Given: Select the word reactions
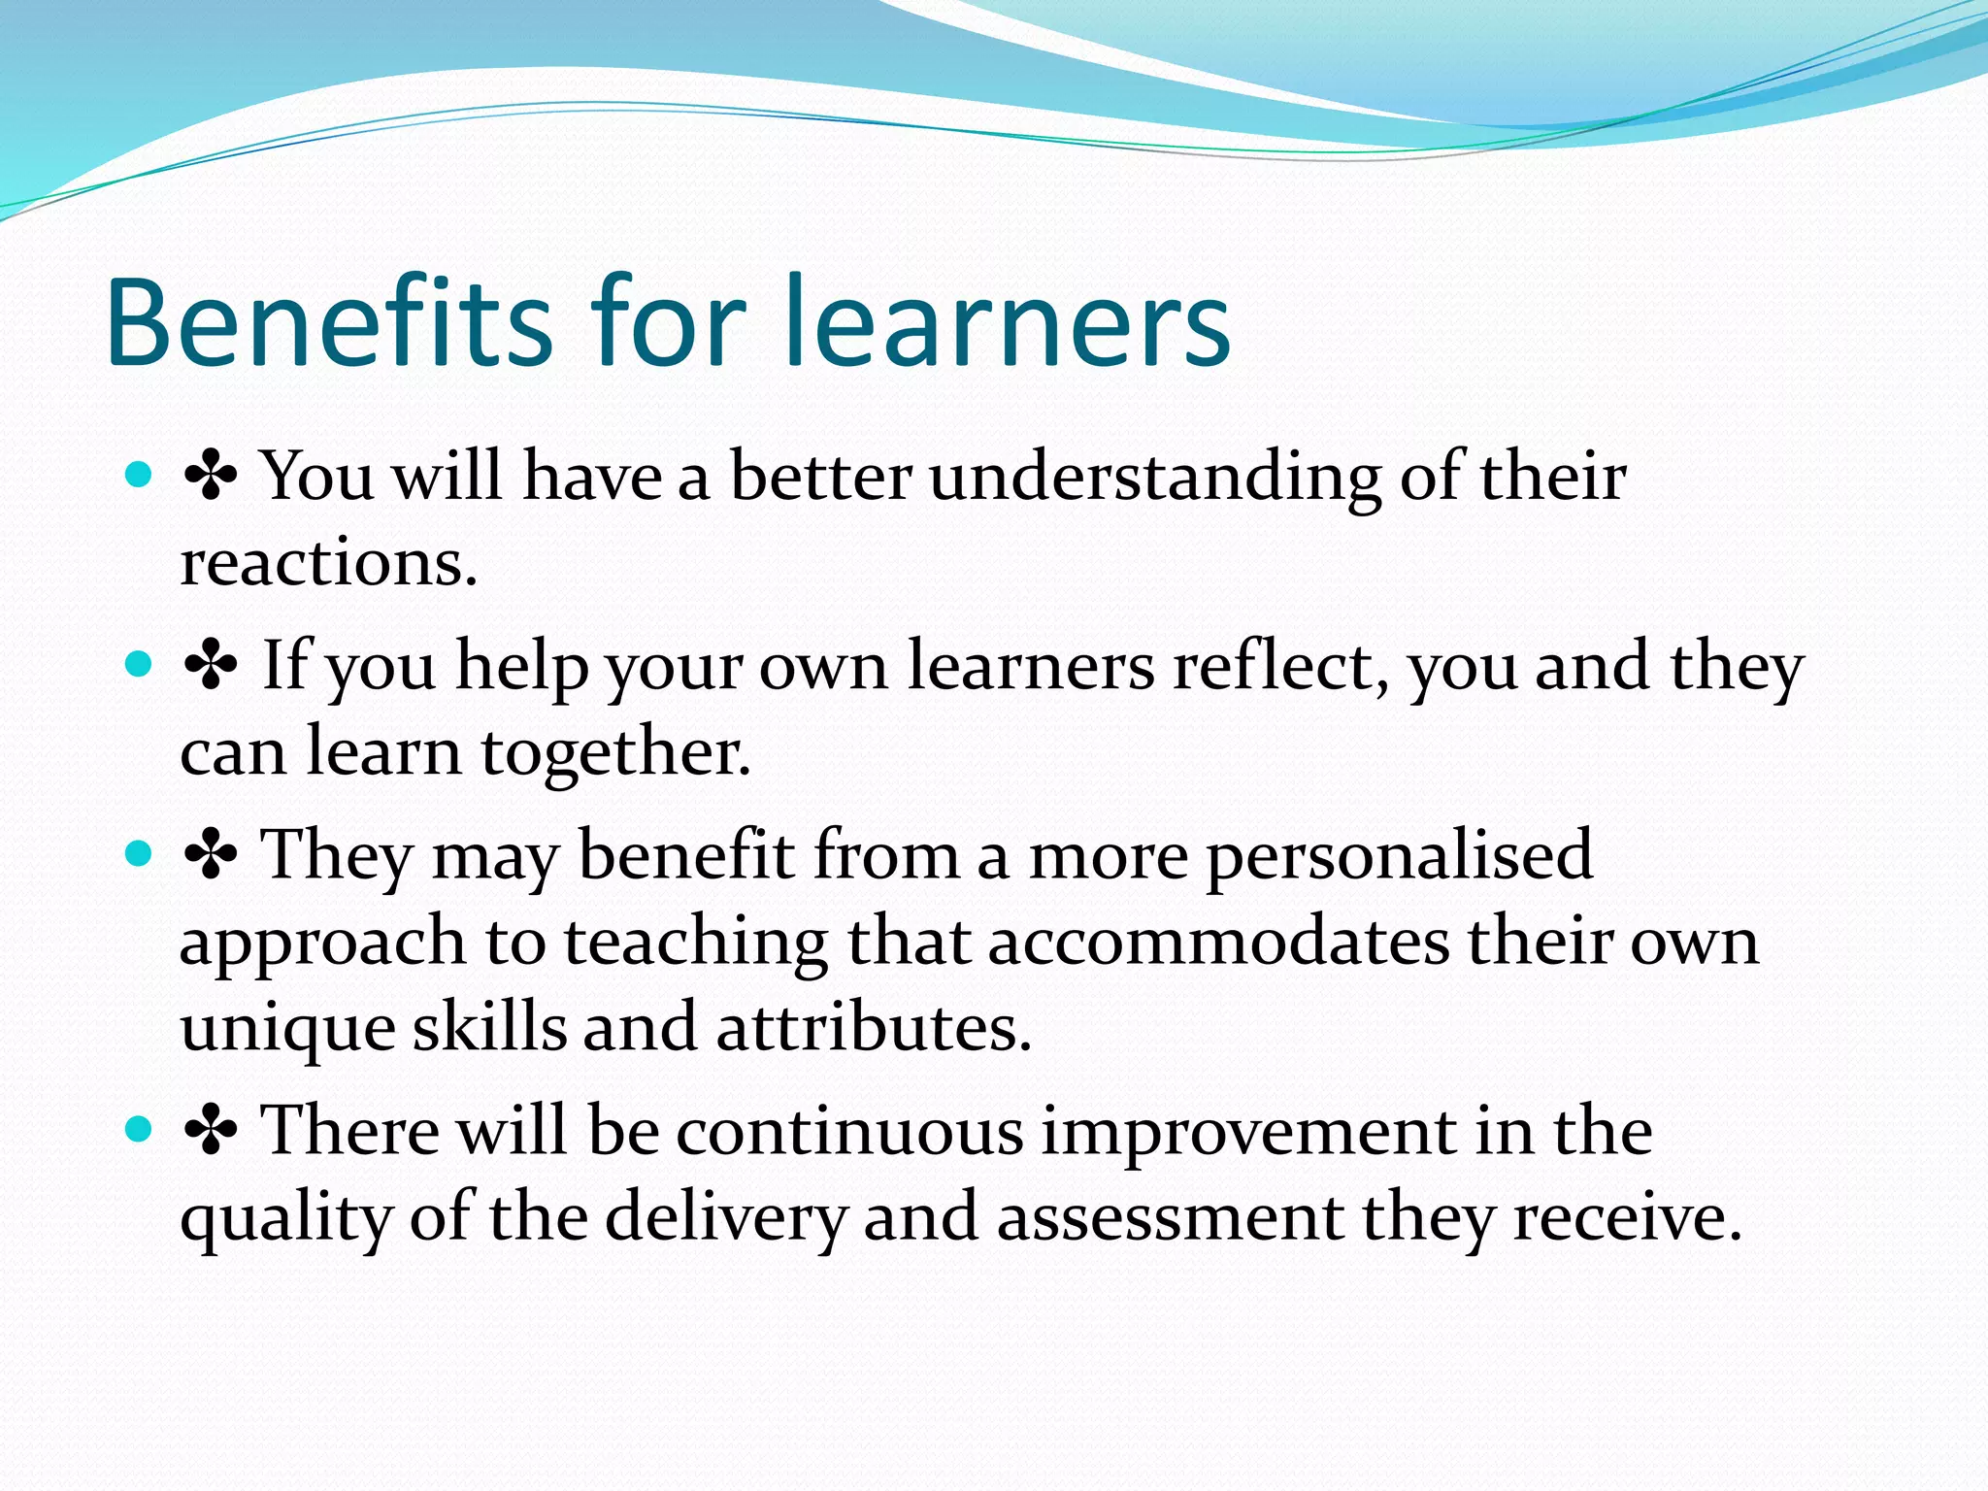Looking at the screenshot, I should pos(328,563).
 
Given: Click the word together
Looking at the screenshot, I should pos(615,752).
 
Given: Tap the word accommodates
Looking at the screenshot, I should pos(1219,942).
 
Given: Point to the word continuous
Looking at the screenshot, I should pos(849,1132).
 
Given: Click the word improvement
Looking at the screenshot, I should pos(1247,1132).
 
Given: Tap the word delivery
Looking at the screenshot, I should pos(726,1217).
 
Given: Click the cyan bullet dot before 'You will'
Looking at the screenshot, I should pos(140,475).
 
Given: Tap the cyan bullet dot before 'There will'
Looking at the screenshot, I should pos(140,1129).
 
